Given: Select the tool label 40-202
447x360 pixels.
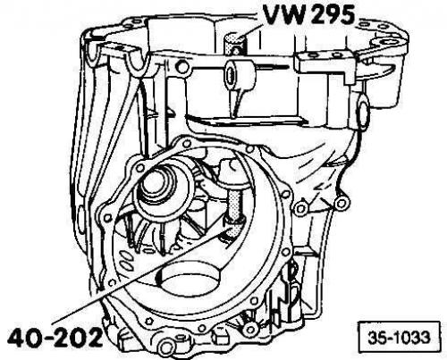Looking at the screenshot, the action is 55,338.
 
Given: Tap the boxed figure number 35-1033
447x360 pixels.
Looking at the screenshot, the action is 399,338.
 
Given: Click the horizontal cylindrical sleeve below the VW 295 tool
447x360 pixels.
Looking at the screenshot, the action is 240,74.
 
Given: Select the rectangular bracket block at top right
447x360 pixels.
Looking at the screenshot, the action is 325,66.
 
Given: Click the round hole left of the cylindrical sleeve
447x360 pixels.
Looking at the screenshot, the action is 182,67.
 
